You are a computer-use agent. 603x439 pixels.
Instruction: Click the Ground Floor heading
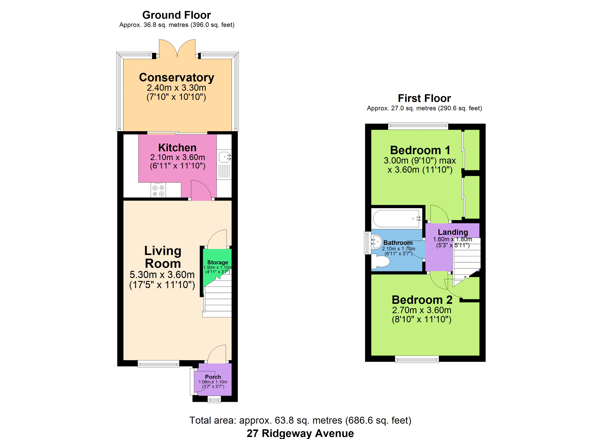177,15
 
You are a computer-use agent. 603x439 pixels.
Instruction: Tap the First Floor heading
424,98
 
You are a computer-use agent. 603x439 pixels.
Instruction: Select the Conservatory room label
177,78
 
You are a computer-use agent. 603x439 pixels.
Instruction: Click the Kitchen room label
177,147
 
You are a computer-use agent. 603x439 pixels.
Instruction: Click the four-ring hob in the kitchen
158,190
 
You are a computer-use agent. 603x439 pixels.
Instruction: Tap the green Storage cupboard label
217,262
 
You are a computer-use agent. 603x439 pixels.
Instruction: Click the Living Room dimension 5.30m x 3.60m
162,275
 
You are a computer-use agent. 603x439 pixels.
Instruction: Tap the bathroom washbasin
376,241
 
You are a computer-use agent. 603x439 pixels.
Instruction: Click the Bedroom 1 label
420,150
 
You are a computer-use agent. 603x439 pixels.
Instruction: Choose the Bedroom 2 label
422,300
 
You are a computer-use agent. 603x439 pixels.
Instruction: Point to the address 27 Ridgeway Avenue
300,433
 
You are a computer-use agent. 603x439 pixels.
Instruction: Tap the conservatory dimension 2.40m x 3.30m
177,88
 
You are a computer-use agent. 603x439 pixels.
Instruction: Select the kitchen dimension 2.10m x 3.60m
178,157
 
